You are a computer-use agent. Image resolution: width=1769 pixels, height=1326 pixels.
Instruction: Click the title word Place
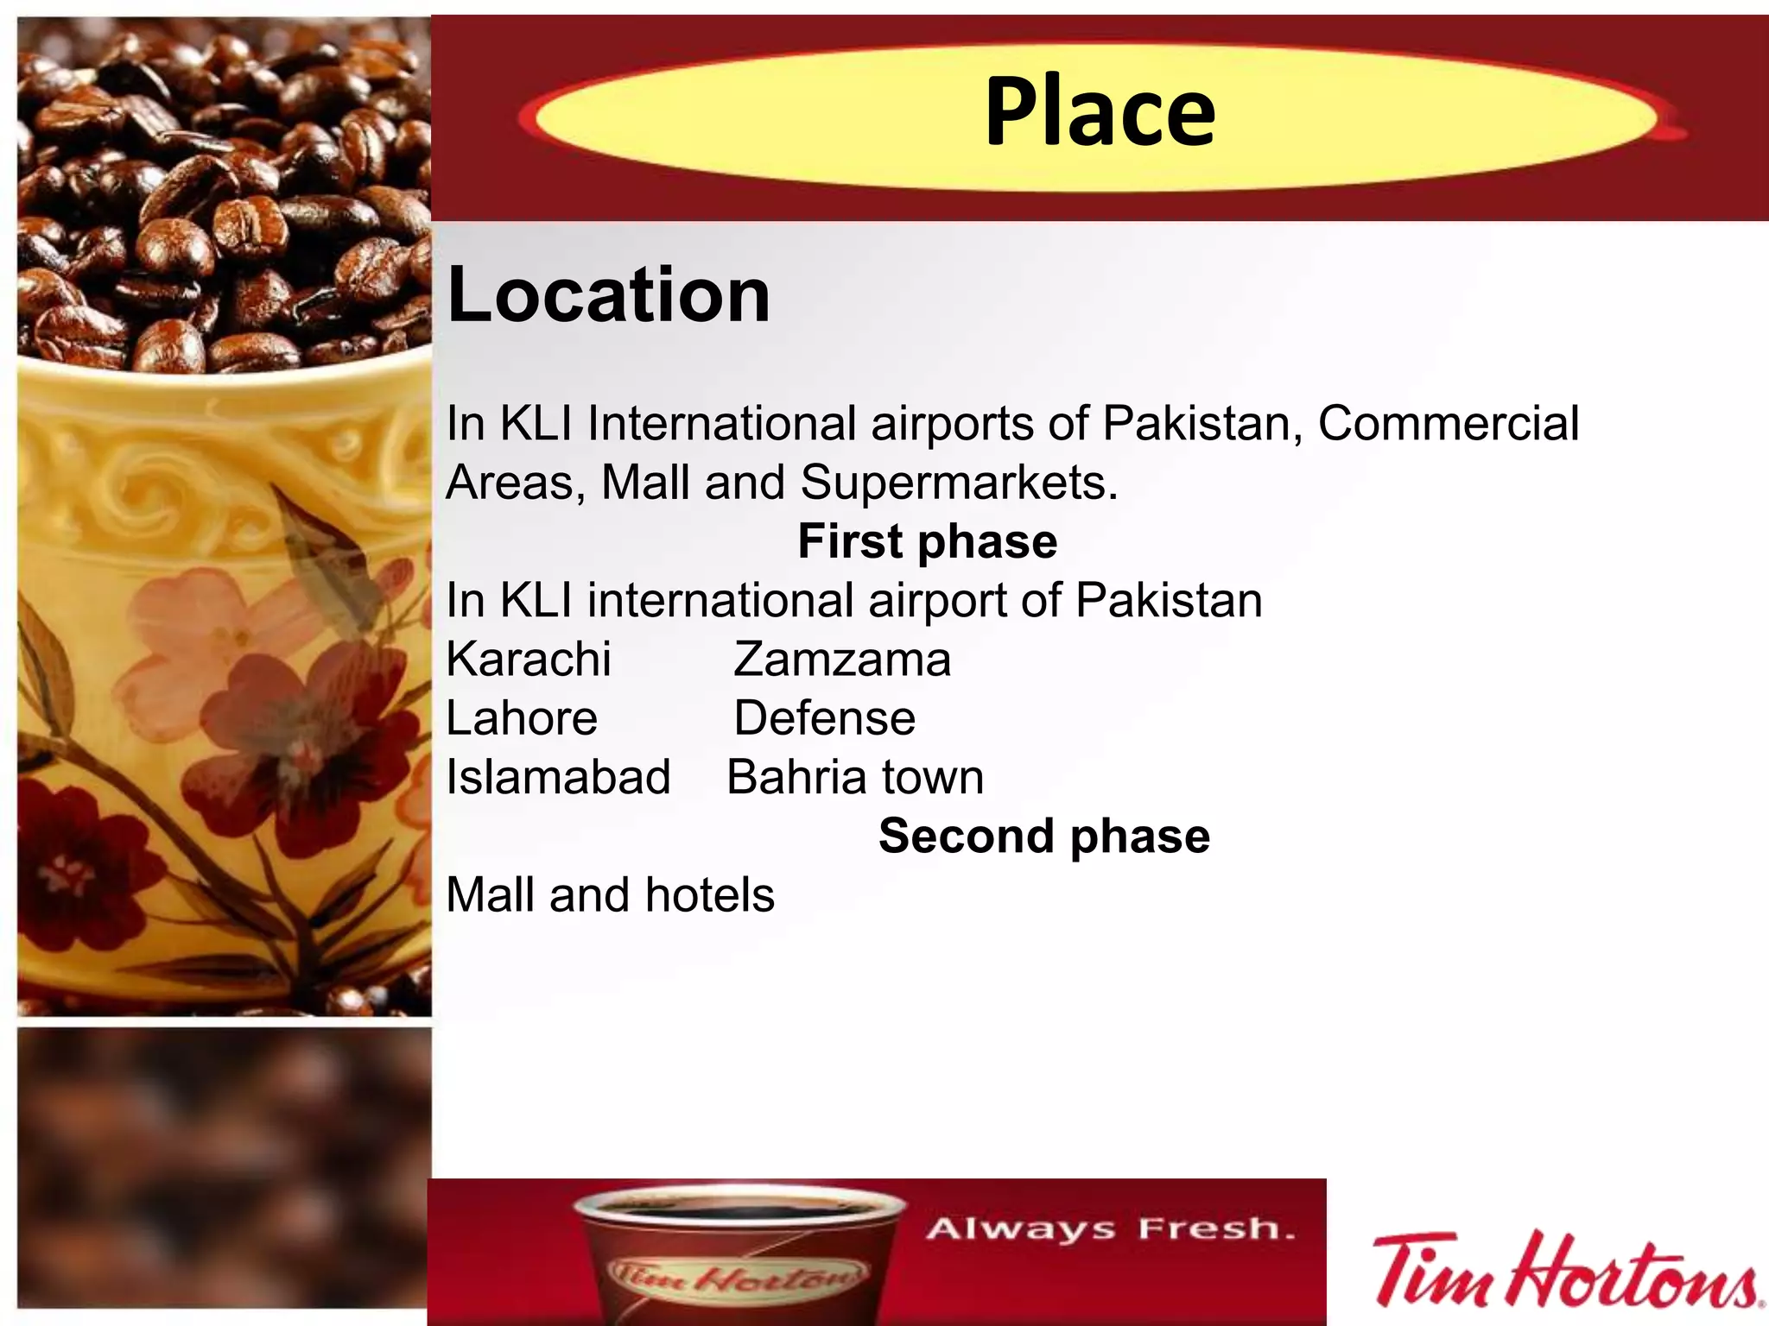1100,112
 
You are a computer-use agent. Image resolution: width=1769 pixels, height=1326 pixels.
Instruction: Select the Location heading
609,295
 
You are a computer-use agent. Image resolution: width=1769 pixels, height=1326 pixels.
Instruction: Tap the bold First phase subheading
927,542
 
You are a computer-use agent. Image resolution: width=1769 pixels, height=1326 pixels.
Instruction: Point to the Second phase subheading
1043,837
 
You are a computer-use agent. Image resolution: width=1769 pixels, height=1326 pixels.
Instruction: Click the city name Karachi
529,660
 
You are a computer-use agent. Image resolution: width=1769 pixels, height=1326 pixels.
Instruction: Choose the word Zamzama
842,660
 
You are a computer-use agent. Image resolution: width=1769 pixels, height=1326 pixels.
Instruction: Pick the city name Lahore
522,718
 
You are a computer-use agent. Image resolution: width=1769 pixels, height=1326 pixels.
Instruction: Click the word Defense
824,718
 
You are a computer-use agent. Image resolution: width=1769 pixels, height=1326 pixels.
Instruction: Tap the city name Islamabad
558,777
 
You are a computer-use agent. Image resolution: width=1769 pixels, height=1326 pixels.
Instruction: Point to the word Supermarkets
959,483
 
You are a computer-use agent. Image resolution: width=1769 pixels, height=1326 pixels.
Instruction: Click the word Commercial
1449,424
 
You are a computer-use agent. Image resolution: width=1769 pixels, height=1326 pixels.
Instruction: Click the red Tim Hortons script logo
1564,1271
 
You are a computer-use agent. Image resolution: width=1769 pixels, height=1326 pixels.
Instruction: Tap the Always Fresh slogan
1111,1228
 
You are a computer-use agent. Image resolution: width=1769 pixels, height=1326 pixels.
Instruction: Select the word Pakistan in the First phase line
1169,601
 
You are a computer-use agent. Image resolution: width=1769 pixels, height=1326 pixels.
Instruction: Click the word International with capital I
721,424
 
